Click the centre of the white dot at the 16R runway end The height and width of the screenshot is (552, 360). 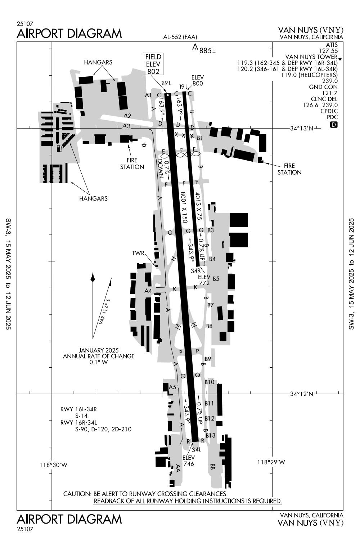coord(168,95)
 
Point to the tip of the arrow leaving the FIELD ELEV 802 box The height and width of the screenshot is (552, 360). coord(166,93)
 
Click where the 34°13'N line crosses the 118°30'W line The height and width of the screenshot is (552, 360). coord(52,129)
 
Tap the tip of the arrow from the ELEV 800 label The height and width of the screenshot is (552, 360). coord(185,91)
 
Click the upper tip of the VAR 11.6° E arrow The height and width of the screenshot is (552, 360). coord(111,278)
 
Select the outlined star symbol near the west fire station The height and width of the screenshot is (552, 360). coord(144,145)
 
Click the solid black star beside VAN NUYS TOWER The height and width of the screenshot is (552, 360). coord(340,59)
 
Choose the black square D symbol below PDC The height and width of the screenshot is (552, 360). coord(334,125)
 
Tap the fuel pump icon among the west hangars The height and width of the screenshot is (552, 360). coord(59,149)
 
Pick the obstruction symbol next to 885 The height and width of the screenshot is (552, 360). coord(195,47)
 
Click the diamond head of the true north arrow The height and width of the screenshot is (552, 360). coord(93,278)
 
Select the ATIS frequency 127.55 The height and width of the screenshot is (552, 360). coord(328,51)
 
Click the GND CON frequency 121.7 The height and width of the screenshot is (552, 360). coord(330,93)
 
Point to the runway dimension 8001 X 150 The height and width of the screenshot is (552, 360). coord(184,207)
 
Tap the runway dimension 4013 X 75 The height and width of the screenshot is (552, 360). coord(198,206)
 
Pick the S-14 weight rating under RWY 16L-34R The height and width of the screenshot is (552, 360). coord(81,416)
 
